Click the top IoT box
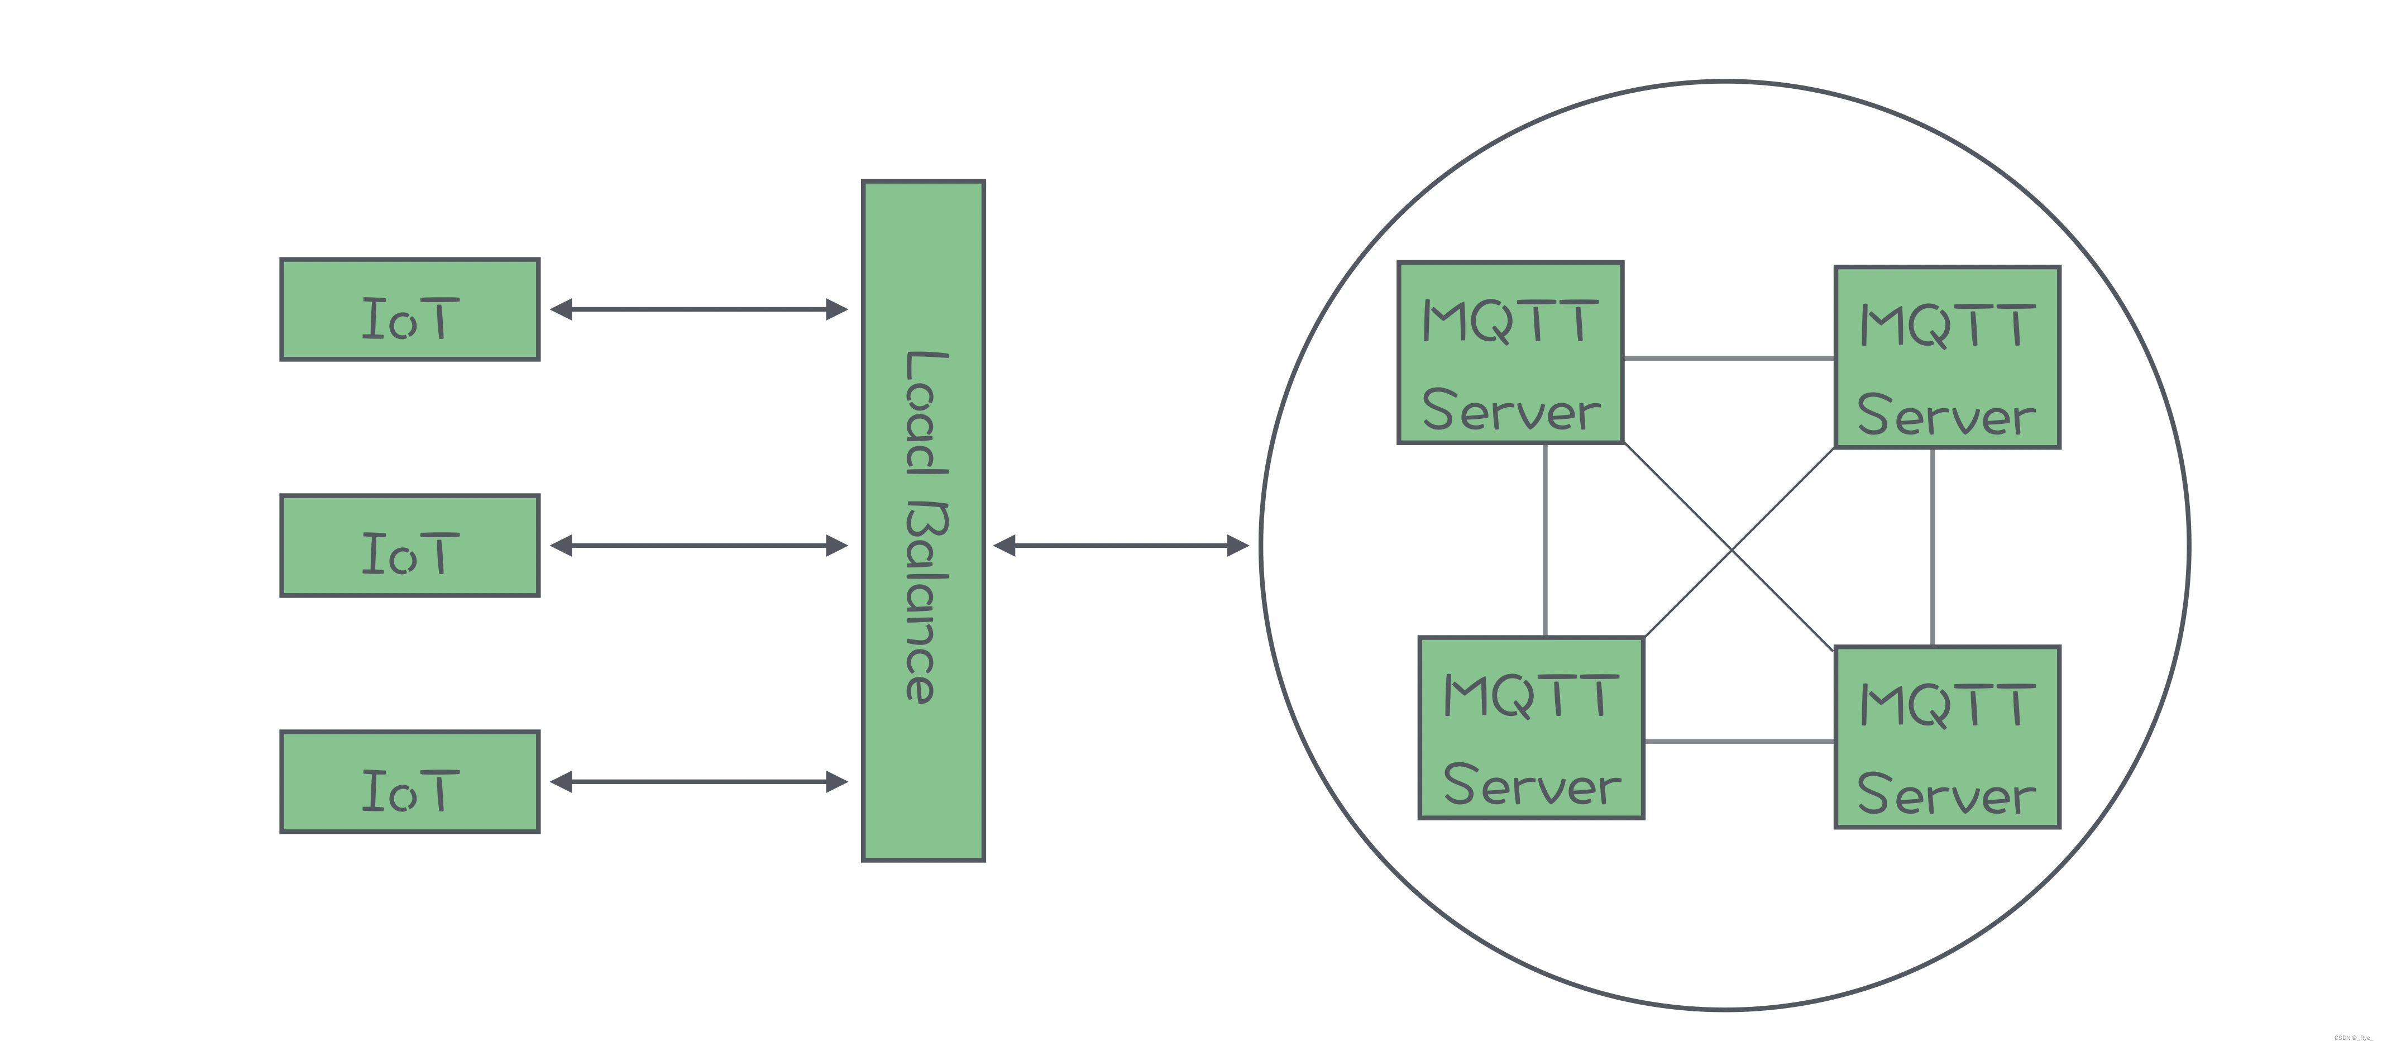coord(410,309)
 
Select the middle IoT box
coord(410,546)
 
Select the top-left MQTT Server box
coord(1510,352)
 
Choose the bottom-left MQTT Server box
coord(1531,728)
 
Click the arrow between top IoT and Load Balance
coord(699,309)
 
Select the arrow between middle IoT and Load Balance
coord(699,546)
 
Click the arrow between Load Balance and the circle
coord(1121,546)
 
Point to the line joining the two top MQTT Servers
coord(1728,358)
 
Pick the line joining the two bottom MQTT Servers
coord(1738,741)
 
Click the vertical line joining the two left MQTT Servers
coord(1545,540)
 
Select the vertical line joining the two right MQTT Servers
coord(1933,547)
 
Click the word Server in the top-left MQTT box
coord(1510,410)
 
